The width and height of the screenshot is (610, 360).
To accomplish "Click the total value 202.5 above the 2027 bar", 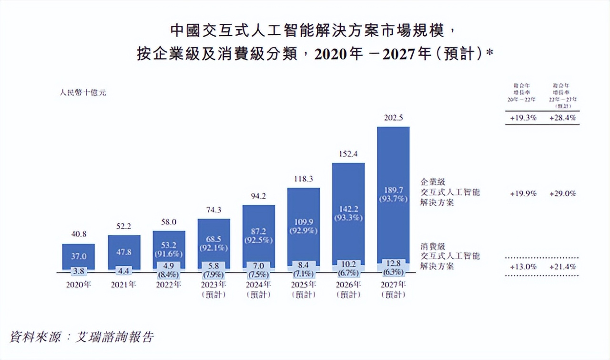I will (x=393, y=118).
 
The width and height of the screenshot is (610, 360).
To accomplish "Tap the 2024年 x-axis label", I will (x=259, y=285).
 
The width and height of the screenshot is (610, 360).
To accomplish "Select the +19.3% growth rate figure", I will (x=523, y=118).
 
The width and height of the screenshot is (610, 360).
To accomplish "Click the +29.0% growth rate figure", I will (x=563, y=194).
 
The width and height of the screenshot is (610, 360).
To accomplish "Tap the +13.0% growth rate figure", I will (x=523, y=266).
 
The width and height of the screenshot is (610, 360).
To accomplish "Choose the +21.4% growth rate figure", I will (x=563, y=266).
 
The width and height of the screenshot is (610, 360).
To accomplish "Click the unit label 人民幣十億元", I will (x=83, y=93).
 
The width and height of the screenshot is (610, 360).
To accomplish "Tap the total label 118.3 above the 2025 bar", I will (x=303, y=179).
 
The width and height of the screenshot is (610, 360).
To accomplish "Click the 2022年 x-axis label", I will (x=169, y=285).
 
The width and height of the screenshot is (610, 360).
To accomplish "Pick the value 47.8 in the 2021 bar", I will (x=124, y=252).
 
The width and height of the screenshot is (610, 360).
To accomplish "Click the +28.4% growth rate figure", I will (x=563, y=118).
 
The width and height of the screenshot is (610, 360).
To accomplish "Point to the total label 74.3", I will (x=213, y=210).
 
